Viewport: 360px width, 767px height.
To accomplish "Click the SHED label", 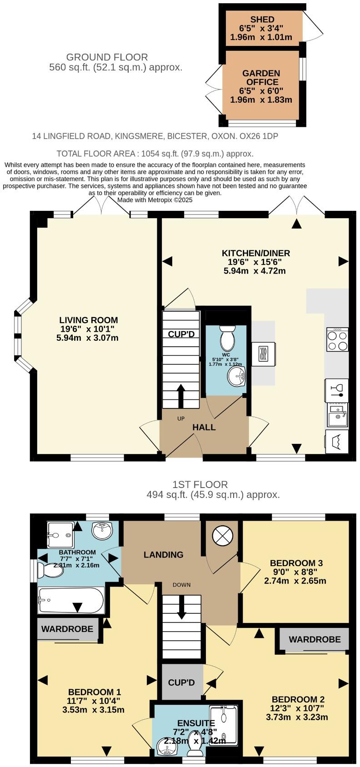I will click(262, 20).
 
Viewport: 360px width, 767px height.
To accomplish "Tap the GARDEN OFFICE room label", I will click(261, 78).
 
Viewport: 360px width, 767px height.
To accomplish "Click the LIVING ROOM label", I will click(89, 320).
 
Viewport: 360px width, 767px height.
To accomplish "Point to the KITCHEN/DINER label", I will click(255, 253).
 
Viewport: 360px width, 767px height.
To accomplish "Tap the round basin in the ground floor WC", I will click(236, 376).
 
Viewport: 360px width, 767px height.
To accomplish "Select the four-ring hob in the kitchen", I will click(337, 339).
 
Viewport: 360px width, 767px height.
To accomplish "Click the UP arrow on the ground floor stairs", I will click(180, 396).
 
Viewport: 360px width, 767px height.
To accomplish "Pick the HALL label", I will click(204, 427).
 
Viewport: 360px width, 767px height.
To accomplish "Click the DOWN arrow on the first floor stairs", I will click(181, 607).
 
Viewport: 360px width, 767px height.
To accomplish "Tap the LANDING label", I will click(164, 554).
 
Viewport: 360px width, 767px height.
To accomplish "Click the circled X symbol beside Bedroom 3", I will click(222, 536).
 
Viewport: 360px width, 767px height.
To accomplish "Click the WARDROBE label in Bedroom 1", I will click(67, 629).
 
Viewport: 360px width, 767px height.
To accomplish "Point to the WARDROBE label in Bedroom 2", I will click(315, 639).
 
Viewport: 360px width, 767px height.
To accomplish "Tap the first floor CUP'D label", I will click(181, 682).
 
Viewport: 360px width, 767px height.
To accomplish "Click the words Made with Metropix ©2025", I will click(155, 199).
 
